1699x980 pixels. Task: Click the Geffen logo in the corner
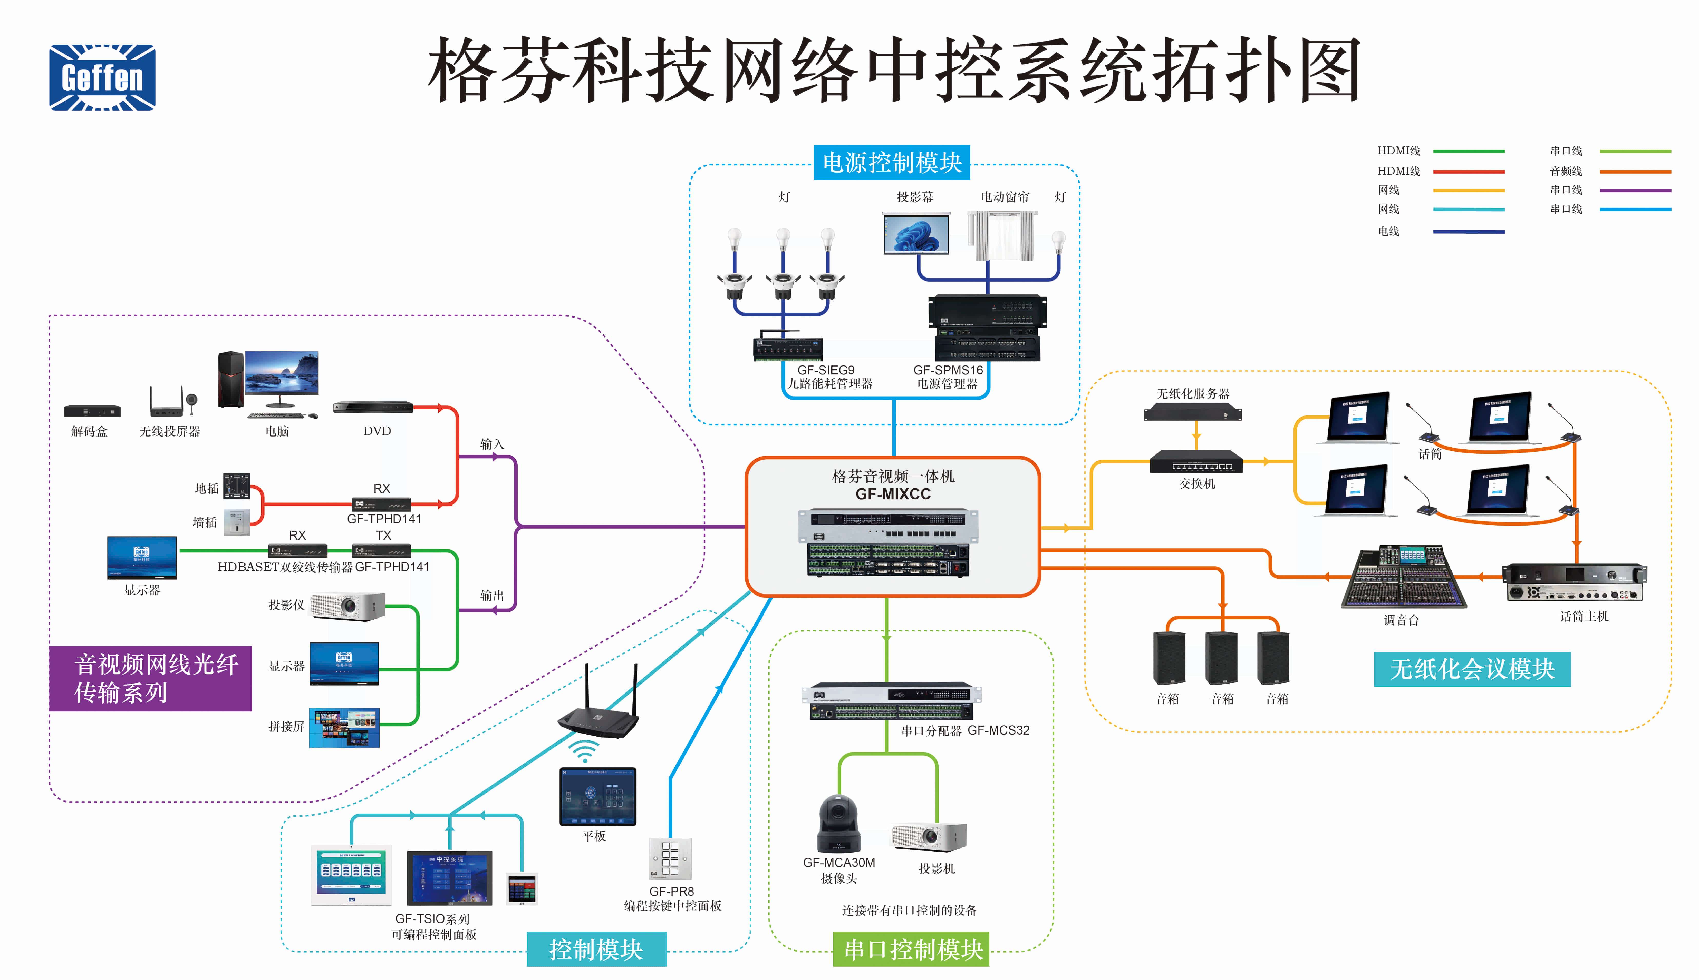click(x=102, y=77)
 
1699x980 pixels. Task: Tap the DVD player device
click(x=372, y=407)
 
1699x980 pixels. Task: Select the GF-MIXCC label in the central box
click(x=893, y=494)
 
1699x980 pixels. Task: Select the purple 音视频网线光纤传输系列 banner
click(x=150, y=678)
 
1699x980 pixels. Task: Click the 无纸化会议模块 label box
click(x=1472, y=669)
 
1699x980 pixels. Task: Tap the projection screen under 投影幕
click(x=916, y=234)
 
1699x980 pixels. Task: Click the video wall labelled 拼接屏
click(x=344, y=728)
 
